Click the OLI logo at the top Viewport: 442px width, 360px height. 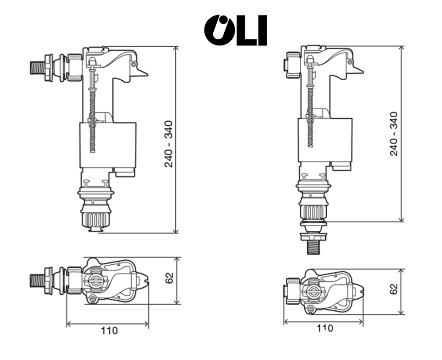pyautogui.click(x=235, y=30)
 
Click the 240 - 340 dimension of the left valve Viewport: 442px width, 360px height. pyautogui.click(x=169, y=144)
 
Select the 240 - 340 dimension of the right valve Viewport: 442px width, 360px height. pyautogui.click(x=394, y=133)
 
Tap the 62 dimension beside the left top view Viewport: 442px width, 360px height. pyautogui.click(x=170, y=278)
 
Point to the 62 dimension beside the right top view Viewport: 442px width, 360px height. pyautogui.click(x=394, y=289)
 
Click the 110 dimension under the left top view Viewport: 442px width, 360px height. pyautogui.click(x=109, y=330)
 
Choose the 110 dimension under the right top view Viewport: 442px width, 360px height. pyautogui.click(x=325, y=328)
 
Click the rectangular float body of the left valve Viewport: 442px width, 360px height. pyautogui.click(x=108, y=145)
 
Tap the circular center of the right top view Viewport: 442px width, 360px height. pyautogui.click(x=314, y=291)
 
